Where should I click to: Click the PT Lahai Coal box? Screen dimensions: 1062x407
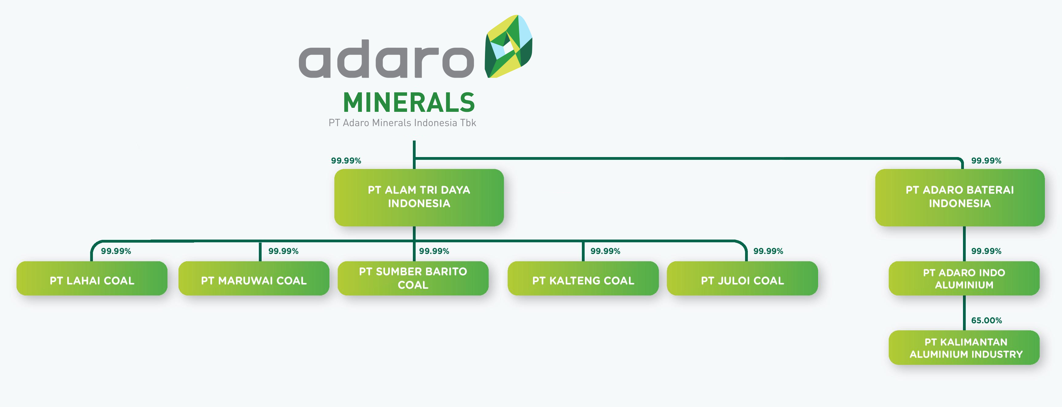pos(92,278)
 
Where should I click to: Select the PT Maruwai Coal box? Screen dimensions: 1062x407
pos(254,278)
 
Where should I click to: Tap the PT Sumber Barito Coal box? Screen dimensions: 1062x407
pos(413,278)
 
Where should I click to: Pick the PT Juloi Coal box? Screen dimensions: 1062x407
pos(743,278)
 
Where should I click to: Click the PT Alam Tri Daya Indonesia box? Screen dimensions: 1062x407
pos(419,197)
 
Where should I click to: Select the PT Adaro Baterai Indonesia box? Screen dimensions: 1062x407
pos(960,197)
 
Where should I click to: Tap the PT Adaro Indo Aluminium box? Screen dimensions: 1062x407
pos(964,278)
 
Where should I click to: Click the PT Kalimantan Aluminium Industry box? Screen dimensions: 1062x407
pos(964,348)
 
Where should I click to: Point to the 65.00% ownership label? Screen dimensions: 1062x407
pos(987,321)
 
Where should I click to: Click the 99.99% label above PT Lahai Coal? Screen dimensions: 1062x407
pos(116,251)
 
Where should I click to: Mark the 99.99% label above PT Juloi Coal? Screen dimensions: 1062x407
pos(769,251)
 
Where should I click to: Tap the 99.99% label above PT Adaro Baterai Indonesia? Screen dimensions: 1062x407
pos(986,161)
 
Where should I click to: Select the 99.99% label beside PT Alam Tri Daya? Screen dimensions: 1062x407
pos(346,161)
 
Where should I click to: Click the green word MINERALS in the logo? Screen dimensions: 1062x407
pos(409,103)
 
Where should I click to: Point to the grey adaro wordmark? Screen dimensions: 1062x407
pos(387,59)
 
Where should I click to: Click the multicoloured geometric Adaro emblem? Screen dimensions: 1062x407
pos(508,46)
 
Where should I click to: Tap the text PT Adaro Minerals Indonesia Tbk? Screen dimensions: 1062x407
pos(402,123)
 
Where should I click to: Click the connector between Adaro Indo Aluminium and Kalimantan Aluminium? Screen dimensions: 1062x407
pos(964,313)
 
